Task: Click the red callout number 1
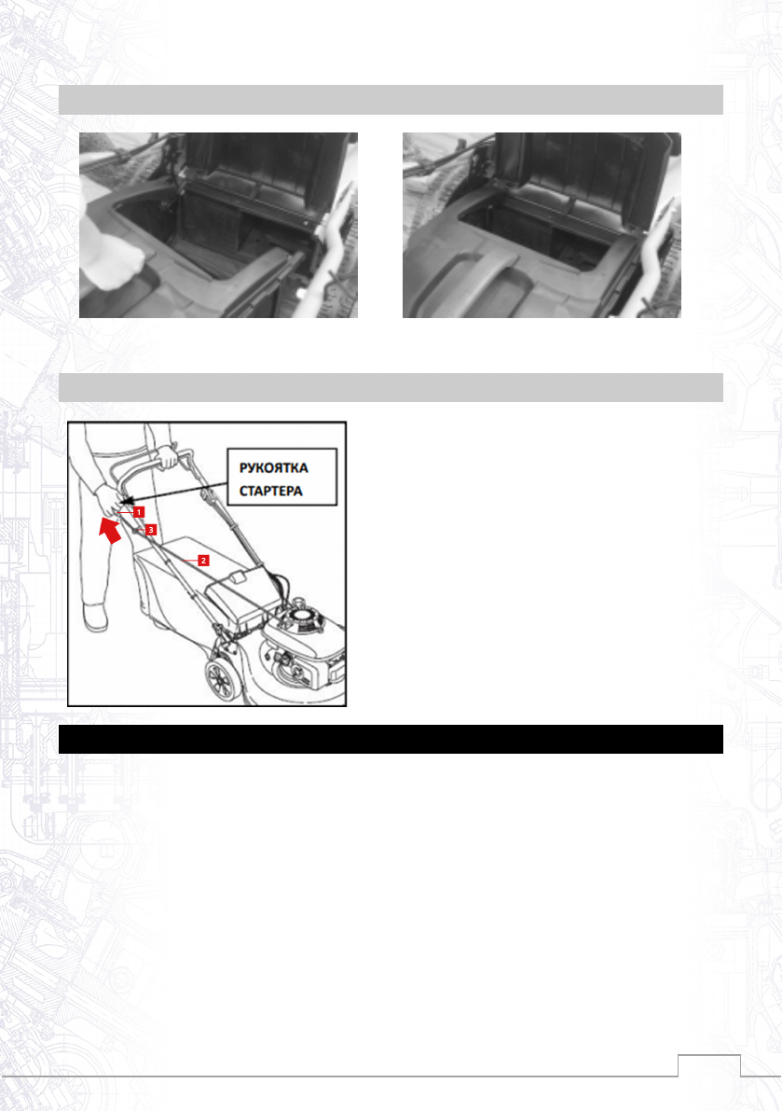point(139,511)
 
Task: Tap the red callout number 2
point(204,561)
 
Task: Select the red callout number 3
point(151,529)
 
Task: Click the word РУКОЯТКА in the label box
point(274,468)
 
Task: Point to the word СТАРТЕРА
point(271,491)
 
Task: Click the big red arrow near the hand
point(110,529)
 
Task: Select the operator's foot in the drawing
point(95,617)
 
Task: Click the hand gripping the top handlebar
point(167,456)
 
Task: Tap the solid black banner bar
point(391,739)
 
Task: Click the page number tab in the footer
point(709,1065)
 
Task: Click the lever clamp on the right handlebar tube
point(208,495)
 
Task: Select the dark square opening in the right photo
point(538,234)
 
